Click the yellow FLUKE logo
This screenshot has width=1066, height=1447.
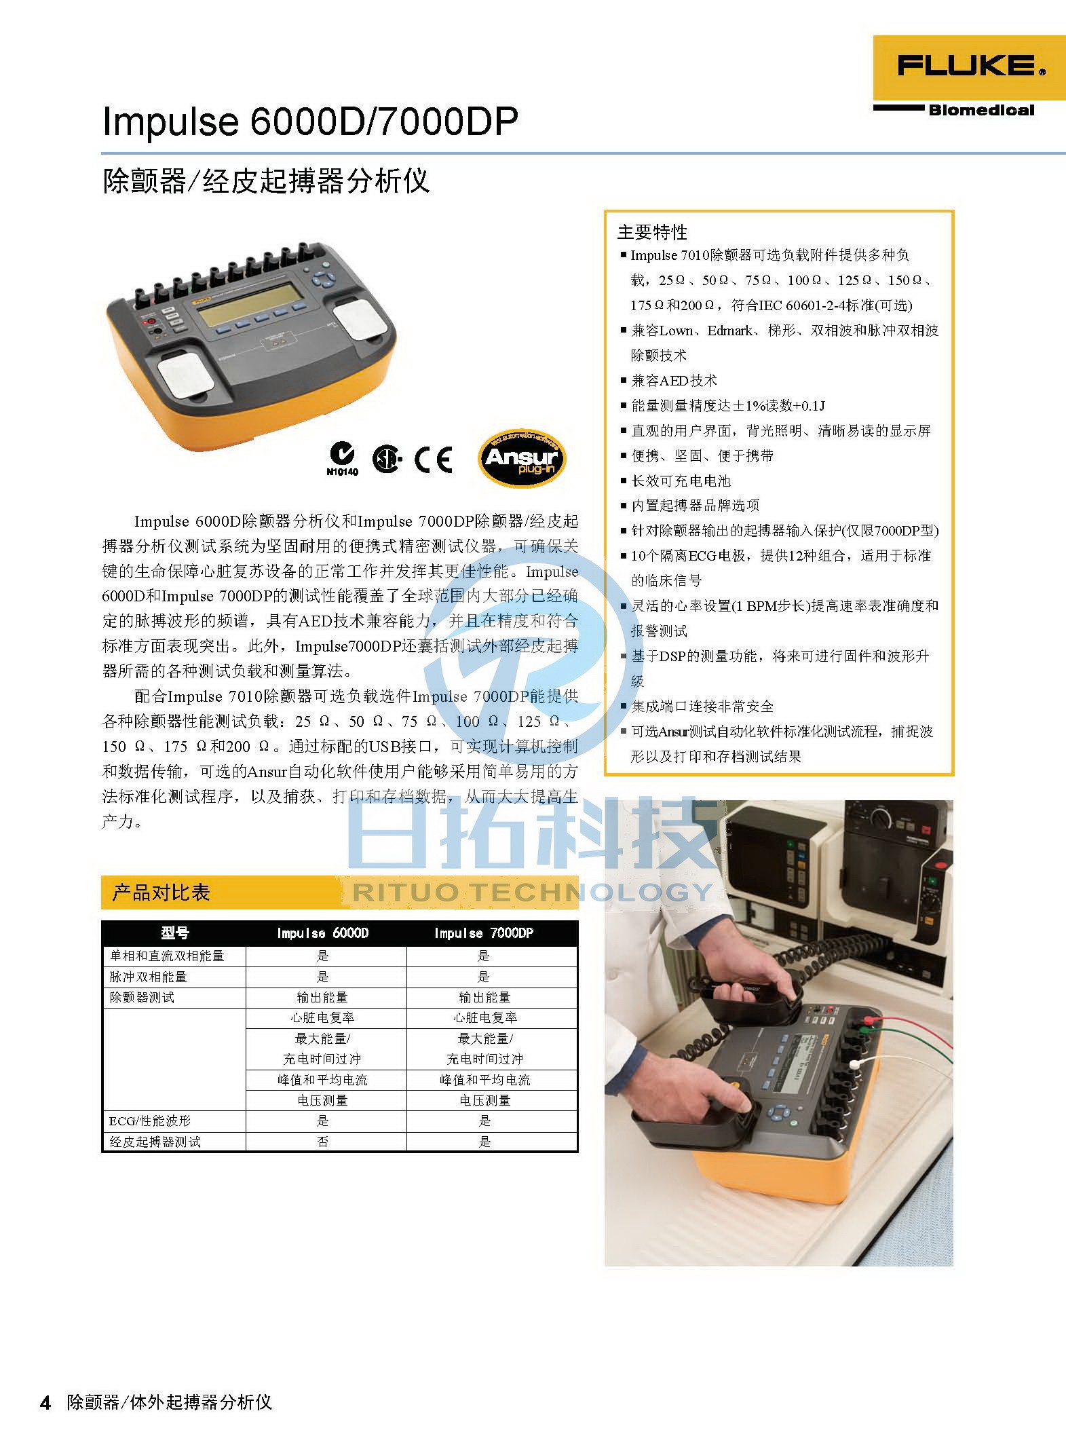[x=969, y=68]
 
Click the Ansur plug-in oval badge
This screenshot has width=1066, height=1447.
[x=521, y=458]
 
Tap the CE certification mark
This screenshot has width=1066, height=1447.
[x=434, y=459]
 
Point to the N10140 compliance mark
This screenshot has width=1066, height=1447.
[x=342, y=458]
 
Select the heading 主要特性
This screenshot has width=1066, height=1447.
[x=652, y=233]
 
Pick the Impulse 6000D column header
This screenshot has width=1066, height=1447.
[x=322, y=933]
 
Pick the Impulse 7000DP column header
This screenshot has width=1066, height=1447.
[x=484, y=933]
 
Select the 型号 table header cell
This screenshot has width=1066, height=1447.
[x=174, y=933]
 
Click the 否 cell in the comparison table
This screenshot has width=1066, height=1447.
[x=322, y=1142]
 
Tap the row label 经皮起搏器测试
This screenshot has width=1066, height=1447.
[x=155, y=1142]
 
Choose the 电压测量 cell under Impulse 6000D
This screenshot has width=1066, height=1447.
[x=322, y=1100]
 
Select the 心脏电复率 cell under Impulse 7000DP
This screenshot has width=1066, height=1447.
[x=484, y=1018]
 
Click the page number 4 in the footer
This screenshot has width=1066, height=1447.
[x=45, y=1403]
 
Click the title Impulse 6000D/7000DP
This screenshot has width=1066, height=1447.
[x=310, y=122]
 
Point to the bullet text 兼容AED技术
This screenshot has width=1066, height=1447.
[x=674, y=381]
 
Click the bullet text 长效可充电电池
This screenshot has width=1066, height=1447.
[x=681, y=481]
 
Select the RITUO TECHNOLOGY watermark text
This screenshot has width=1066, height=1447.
[x=533, y=891]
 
